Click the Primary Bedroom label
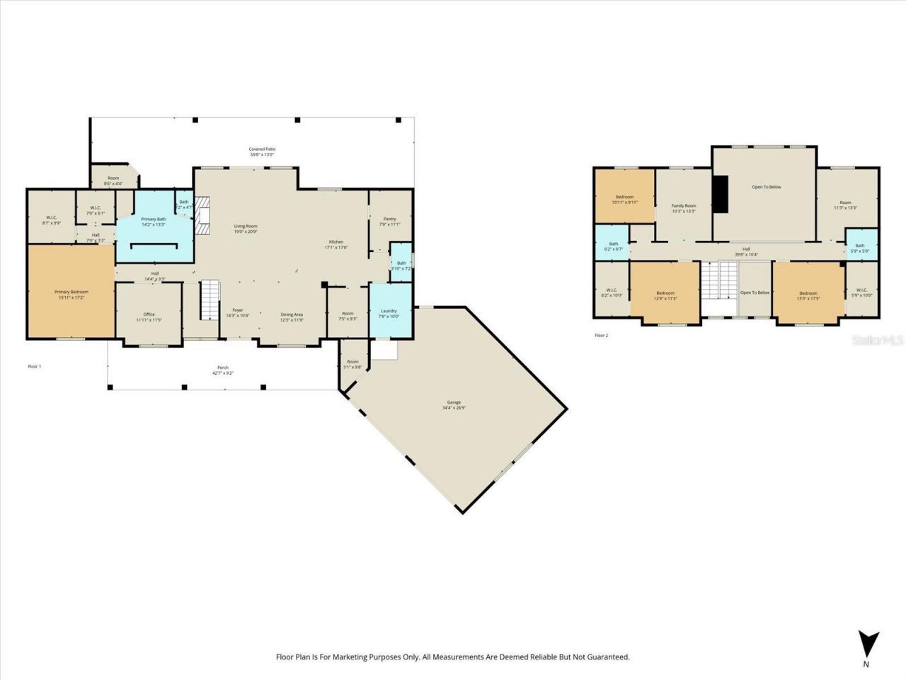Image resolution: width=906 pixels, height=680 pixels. pyautogui.click(x=71, y=292)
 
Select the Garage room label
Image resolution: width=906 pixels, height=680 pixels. pyautogui.click(x=454, y=402)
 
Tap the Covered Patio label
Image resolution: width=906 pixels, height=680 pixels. pyautogui.click(x=262, y=149)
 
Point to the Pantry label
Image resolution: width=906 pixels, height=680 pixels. pyautogui.click(x=389, y=219)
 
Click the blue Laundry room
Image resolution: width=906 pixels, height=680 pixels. pyautogui.click(x=389, y=311)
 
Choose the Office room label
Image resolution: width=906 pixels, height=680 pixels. pyautogui.click(x=149, y=314)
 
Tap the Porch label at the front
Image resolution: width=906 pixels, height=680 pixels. pyautogui.click(x=223, y=368)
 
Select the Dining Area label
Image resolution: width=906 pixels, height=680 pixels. pyautogui.click(x=292, y=314)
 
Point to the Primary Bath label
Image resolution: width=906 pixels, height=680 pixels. pyautogui.click(x=153, y=220)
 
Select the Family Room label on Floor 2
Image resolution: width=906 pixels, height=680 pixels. pyautogui.click(x=684, y=206)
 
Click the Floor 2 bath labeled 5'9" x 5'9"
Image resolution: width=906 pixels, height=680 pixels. pyautogui.click(x=859, y=246)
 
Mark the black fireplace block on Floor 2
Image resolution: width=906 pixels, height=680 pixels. pyautogui.click(x=720, y=193)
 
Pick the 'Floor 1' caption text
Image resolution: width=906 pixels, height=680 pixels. pyautogui.click(x=35, y=366)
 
